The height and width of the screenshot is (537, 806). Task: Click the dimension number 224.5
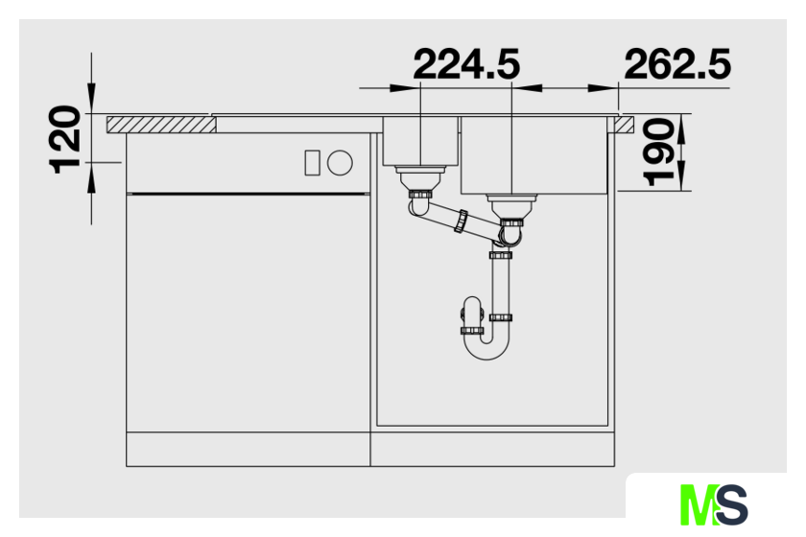[x=466, y=64]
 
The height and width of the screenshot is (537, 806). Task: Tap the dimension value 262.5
[x=677, y=64]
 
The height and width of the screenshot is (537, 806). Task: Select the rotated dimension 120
[x=65, y=140]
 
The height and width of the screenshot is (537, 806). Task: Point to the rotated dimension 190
[x=658, y=152]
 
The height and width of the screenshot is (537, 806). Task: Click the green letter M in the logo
[x=699, y=504]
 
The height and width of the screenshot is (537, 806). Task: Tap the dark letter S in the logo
[x=730, y=504]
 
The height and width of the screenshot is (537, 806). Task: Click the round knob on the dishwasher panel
[x=340, y=163]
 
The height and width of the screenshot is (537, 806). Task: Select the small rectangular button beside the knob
[x=313, y=163]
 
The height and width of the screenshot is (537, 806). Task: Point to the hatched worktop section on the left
[x=161, y=125]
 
